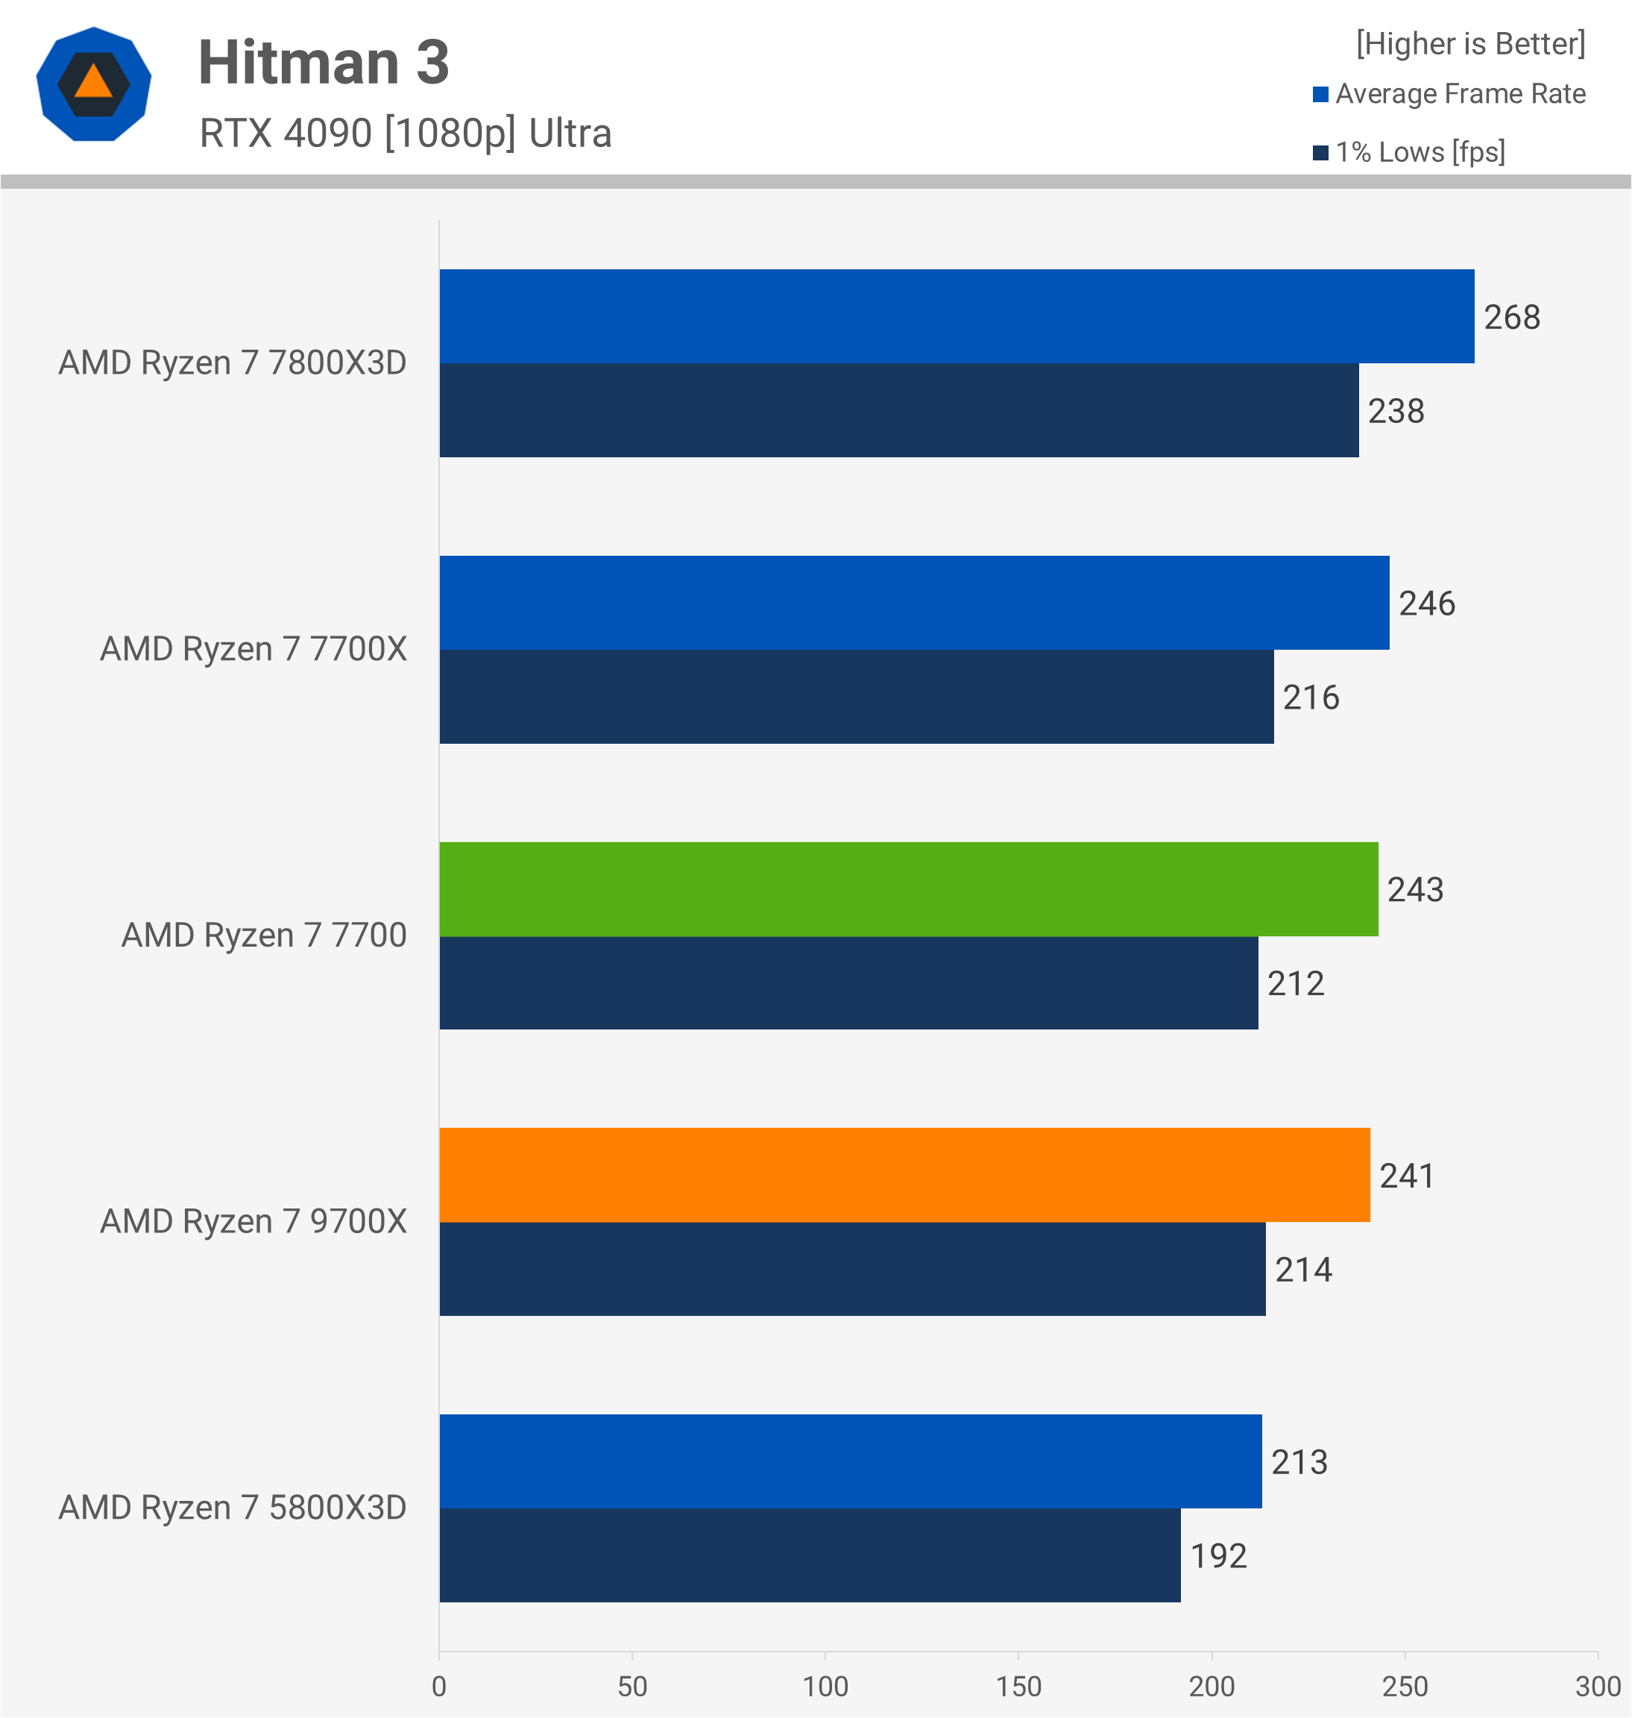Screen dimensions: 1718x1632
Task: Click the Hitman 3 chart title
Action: [324, 63]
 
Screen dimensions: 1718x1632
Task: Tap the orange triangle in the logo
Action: [93, 83]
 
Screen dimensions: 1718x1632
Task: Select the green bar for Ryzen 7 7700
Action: [908, 888]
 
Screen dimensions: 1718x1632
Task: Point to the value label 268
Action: [1511, 317]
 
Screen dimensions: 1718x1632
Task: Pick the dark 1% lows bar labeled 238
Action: [898, 410]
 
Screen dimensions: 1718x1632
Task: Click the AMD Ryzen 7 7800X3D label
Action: [233, 363]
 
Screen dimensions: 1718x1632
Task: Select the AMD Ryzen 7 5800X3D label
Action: [233, 1508]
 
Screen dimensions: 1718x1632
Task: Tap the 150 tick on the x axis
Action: [1018, 1686]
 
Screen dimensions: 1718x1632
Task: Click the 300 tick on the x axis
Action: [1597, 1686]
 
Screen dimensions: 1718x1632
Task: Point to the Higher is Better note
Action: [1470, 43]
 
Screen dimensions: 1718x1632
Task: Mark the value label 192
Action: [1218, 1555]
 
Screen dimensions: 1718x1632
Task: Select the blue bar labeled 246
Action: [913, 602]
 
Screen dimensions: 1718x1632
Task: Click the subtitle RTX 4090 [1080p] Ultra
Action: [406, 133]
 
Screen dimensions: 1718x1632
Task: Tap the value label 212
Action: [1295, 983]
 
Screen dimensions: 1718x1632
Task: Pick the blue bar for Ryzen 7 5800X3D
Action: [850, 1461]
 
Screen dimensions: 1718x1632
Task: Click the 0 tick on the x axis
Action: [439, 1686]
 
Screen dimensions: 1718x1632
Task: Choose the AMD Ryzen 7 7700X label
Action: [253, 649]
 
